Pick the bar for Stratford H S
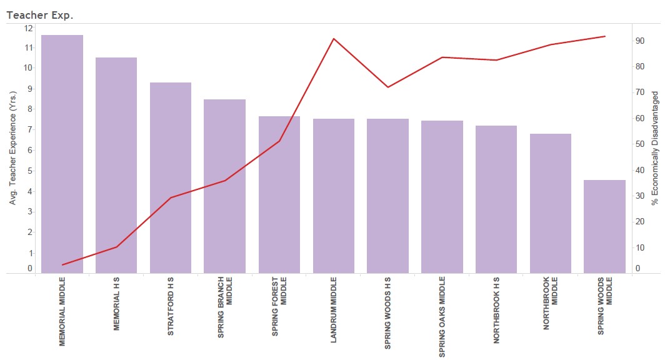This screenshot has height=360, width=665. coord(171,177)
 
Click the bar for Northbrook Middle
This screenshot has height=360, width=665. coord(551,203)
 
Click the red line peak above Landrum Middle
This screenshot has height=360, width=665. coord(334,39)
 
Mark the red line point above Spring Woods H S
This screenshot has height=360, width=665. coord(387,87)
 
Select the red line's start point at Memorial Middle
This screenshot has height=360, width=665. coord(62,265)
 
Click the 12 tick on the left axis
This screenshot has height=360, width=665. coord(28,28)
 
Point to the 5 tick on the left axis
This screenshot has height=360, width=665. coord(29,171)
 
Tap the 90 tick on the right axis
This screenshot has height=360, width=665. coord(640,41)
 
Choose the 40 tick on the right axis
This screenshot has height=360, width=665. coord(640,170)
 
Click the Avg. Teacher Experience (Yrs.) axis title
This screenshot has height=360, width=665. coord(12,148)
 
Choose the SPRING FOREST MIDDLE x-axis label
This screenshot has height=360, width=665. coord(279,306)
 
